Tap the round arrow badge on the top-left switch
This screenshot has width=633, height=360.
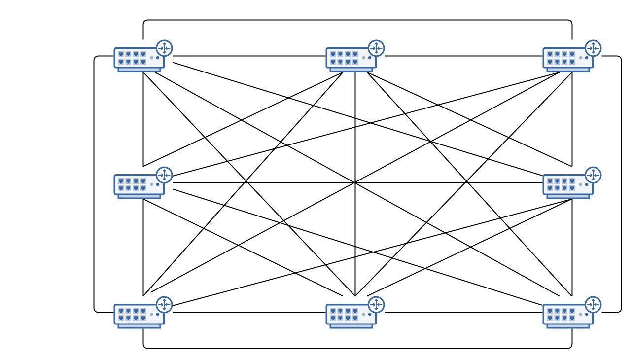164,48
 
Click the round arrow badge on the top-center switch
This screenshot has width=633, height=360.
376,48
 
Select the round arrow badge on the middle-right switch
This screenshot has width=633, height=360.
593,175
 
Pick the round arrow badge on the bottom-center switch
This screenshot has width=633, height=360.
376,304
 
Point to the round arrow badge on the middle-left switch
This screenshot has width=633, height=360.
164,175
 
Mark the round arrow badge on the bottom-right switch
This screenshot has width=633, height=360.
593,304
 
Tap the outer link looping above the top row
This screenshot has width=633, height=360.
357,20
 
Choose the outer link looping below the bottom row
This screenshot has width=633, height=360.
357,348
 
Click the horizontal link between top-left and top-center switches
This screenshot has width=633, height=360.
246,56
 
